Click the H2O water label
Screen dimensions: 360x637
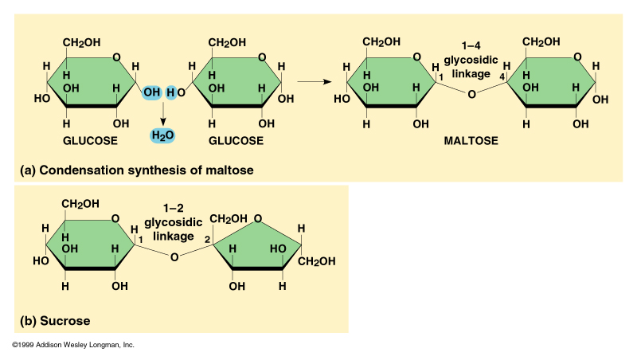tap(162, 135)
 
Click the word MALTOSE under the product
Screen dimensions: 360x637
tap(471, 140)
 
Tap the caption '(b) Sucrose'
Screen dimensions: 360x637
tap(55, 321)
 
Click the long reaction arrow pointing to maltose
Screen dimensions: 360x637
tap(315, 80)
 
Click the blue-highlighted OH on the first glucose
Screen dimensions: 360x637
tap(151, 93)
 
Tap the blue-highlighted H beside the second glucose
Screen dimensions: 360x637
tap(170, 93)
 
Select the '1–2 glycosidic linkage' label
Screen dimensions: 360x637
tap(169, 222)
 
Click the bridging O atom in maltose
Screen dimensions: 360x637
tap(471, 95)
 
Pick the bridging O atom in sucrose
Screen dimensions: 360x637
tap(174, 256)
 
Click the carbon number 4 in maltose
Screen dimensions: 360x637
tap(502, 76)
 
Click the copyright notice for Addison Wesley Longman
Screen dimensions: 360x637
tap(73, 346)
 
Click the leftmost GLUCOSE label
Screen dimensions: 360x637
tap(90, 140)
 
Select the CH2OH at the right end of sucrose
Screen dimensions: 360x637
tap(317, 260)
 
